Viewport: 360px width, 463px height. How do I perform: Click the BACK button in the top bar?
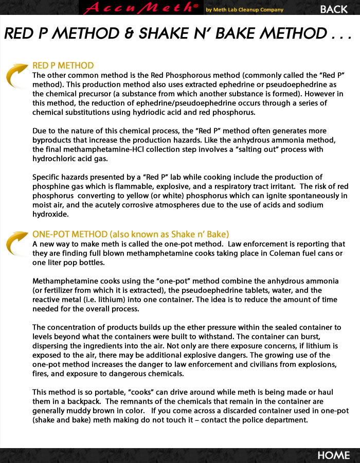[x=334, y=9]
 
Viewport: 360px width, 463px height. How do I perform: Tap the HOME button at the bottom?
[x=333, y=455]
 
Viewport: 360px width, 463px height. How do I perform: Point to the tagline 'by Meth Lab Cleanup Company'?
[x=244, y=9]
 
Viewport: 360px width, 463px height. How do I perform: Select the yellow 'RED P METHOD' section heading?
[x=63, y=65]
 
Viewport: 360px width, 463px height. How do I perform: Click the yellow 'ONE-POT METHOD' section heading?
[x=131, y=234]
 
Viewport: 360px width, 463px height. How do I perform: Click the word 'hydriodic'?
[x=165, y=112]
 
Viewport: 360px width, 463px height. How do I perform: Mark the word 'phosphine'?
[x=51, y=186]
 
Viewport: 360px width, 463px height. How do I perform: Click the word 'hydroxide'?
[x=51, y=214]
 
